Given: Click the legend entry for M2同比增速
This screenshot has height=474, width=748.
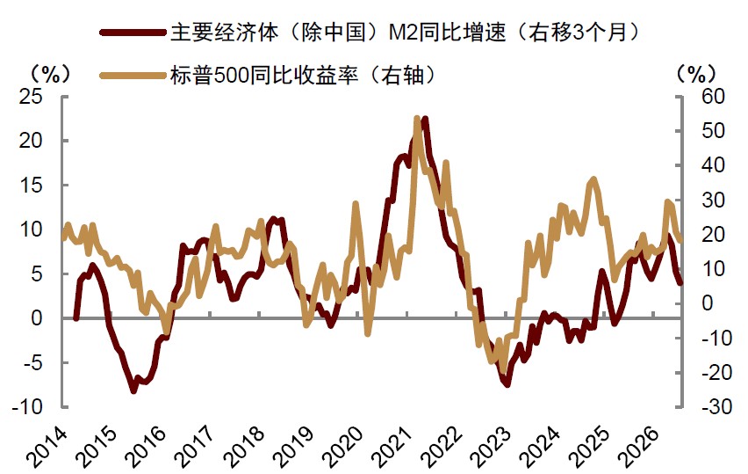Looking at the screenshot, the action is [405, 33].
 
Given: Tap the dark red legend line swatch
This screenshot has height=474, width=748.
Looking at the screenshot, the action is [133, 33].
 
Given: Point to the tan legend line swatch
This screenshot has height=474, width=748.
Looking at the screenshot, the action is [133, 75].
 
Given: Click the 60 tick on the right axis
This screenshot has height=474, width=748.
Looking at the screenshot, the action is [713, 97].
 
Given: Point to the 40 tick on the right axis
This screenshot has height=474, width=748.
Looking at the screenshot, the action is [713, 165].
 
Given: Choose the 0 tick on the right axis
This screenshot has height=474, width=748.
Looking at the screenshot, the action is [708, 303].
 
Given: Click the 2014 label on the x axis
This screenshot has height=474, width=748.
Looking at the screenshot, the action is [47, 446].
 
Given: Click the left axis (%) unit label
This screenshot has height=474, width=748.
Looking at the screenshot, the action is [50, 74].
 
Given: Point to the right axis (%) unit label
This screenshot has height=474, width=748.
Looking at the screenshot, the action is [696, 74].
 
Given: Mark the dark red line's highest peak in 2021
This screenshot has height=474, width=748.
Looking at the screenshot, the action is [425, 119].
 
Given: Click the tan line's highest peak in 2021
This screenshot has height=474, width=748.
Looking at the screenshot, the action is [417, 118].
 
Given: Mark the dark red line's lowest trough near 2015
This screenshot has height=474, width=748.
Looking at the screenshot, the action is [133, 390].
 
